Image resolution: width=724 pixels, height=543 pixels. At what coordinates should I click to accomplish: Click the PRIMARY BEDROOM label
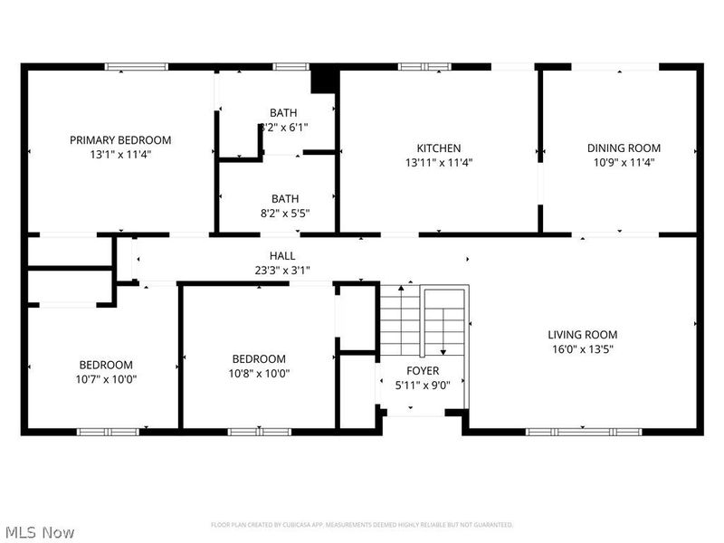120,140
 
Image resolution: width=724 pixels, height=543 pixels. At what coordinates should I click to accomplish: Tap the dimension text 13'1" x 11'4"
120,155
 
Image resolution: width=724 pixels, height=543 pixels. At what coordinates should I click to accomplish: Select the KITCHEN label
439,148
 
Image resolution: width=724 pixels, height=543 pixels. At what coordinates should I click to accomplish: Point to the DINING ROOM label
624,148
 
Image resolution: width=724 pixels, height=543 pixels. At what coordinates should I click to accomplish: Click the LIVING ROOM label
582,335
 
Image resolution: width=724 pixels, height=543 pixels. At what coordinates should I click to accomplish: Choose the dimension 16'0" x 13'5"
582,349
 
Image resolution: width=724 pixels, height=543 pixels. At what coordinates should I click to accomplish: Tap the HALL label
282,256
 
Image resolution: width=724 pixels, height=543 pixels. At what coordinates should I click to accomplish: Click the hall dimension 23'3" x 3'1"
282,270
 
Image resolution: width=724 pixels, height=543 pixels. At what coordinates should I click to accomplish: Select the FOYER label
423,371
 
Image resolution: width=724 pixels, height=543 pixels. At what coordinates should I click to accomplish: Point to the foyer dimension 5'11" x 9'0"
423,385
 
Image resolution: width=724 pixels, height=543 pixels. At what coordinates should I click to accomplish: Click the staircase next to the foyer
423,321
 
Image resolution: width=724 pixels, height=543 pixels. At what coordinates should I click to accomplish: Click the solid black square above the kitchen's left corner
323,80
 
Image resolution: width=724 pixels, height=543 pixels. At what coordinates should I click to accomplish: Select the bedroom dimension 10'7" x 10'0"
108,379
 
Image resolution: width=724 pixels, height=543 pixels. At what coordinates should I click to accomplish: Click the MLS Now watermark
39,532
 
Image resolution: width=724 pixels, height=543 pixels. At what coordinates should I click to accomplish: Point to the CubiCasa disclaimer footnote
362,525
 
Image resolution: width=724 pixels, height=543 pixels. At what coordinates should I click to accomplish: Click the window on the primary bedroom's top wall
136,66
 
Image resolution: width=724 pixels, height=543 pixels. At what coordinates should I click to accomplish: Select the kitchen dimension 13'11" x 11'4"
439,163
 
